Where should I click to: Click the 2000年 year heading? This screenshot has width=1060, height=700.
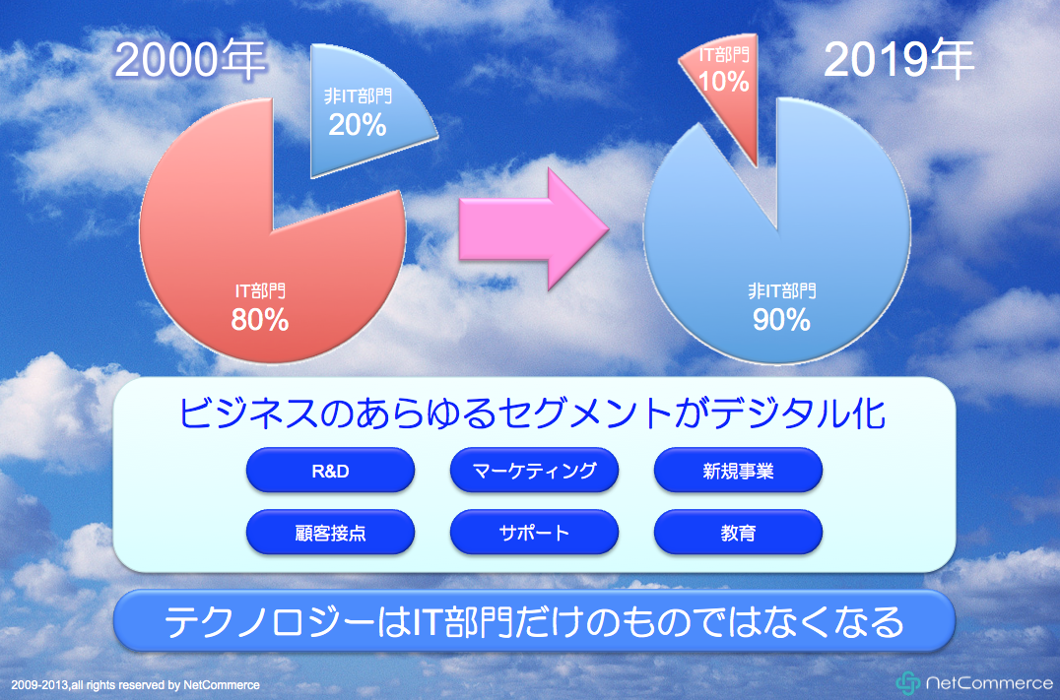tap(190, 60)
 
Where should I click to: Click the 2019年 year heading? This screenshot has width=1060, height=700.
tap(898, 59)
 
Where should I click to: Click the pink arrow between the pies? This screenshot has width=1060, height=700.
tap(533, 229)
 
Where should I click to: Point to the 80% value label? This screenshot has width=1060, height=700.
tap(260, 320)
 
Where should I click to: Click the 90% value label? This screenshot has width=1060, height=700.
tap(781, 320)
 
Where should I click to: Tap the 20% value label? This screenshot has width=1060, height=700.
tap(358, 125)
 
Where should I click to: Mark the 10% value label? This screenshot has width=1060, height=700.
tap(723, 82)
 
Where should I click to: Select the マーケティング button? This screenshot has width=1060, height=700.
tap(534, 471)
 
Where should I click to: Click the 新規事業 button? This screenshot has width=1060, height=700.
tap(738, 471)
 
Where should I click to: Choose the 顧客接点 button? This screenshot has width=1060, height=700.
tap(330, 533)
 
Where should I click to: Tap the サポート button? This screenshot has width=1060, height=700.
tap(534, 533)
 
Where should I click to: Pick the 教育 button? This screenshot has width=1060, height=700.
tap(738, 533)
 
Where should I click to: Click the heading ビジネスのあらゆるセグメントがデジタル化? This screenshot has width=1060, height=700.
tap(532, 413)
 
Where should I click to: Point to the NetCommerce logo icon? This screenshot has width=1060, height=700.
tap(908, 683)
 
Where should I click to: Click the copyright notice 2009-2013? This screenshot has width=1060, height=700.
tap(135, 685)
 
